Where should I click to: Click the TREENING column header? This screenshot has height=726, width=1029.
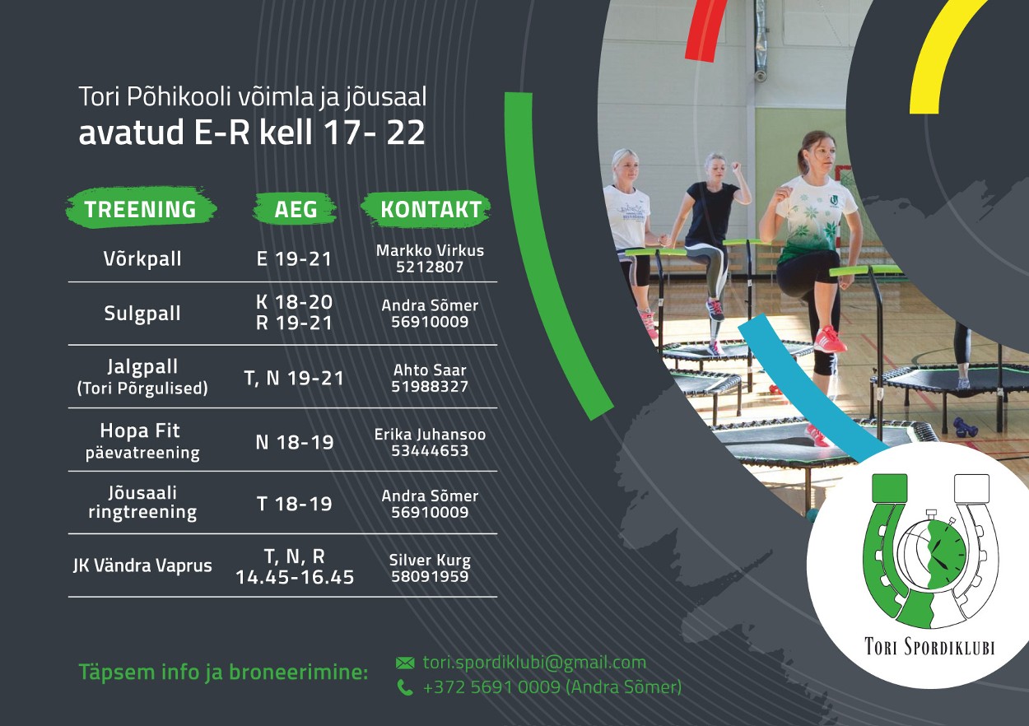[x=141, y=209]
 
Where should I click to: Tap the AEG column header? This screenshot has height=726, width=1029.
[x=296, y=209]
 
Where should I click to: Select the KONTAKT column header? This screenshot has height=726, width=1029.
[x=431, y=209]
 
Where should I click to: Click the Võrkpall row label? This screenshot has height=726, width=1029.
[x=142, y=258]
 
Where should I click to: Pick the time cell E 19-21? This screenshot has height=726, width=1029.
[x=294, y=259]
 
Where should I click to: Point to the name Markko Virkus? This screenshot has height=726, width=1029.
[x=430, y=250]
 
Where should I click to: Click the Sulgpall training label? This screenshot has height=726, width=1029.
[x=142, y=314]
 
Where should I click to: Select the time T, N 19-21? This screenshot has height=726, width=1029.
[x=294, y=379]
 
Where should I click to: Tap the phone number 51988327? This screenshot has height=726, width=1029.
[x=430, y=387]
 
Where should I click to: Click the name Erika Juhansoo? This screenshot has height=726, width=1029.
[x=430, y=435]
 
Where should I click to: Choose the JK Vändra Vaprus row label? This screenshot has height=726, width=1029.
[x=142, y=565]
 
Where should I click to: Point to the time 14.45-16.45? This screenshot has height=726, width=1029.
[x=295, y=577]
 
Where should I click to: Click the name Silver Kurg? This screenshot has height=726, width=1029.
[x=430, y=561]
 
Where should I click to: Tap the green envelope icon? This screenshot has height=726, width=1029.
[x=405, y=663]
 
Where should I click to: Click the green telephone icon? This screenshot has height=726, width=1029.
[x=405, y=687]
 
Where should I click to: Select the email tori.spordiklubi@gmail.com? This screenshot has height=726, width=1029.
[x=535, y=663]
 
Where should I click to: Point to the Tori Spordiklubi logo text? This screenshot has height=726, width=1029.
[x=929, y=646]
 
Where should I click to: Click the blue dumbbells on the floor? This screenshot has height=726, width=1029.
[x=964, y=427]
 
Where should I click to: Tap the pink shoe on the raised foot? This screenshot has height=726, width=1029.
[x=829, y=339]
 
